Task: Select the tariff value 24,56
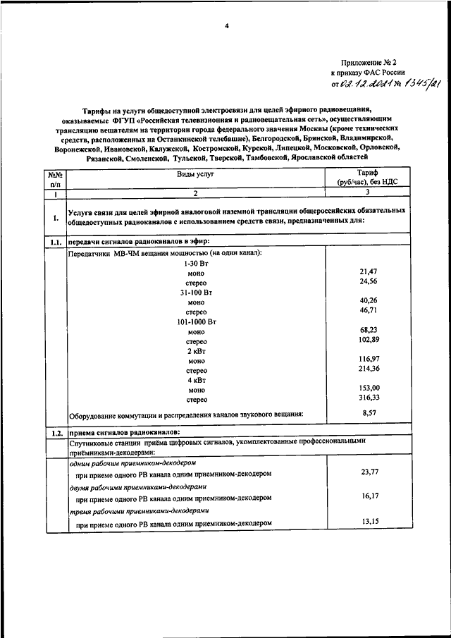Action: tap(369, 281)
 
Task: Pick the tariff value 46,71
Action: tap(369, 309)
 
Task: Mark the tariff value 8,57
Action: tap(369, 413)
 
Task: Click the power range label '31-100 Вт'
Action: tap(196, 292)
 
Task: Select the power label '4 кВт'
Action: tap(196, 379)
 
